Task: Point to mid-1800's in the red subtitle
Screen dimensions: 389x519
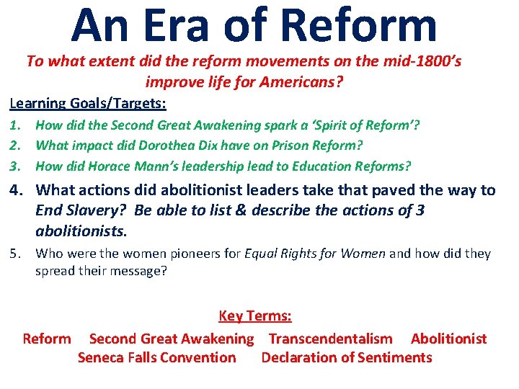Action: coord(419,61)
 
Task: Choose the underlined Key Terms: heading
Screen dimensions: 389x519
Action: coord(254,316)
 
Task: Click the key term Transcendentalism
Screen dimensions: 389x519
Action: coord(330,339)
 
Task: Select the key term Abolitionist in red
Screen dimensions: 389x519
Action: coord(448,339)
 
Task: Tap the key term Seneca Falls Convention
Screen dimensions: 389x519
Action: coord(156,358)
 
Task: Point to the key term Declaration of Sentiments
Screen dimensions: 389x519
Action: coord(346,358)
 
